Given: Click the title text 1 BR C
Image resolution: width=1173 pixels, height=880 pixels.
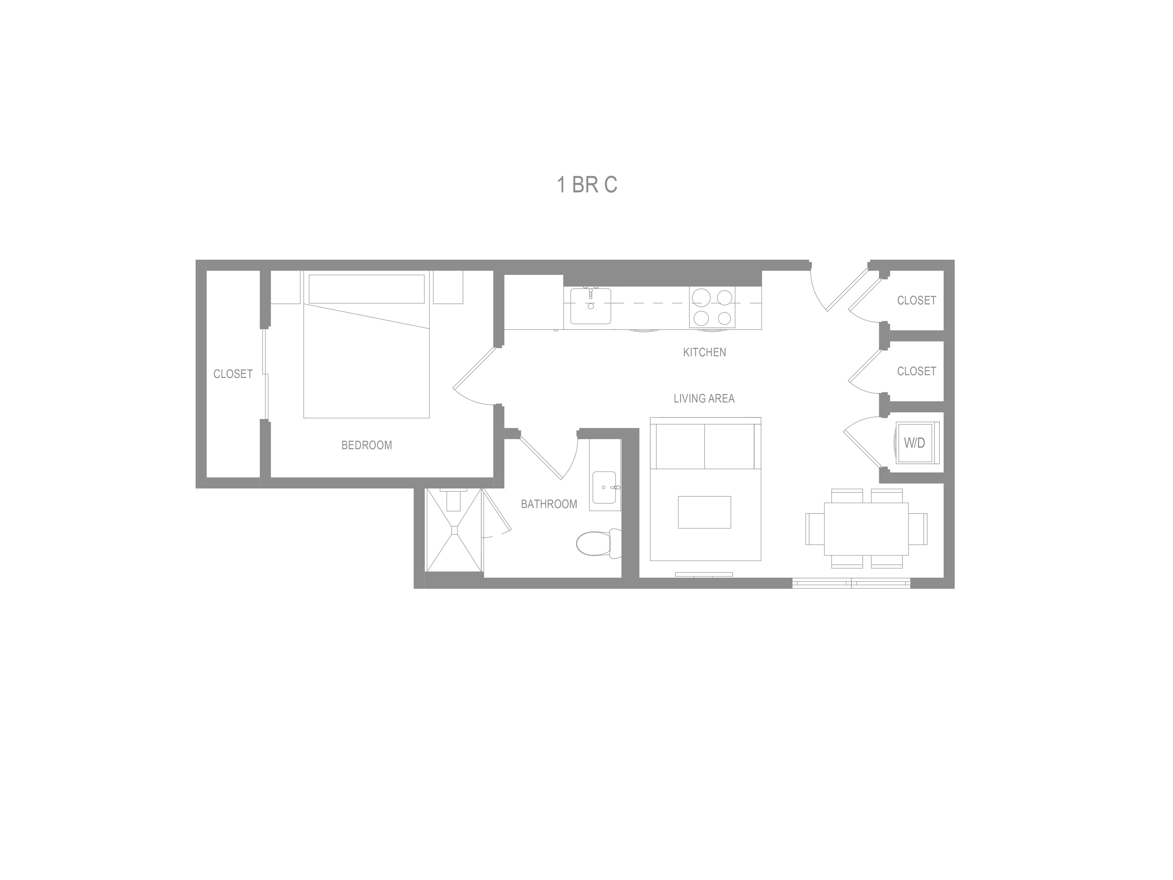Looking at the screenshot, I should pos(586,185).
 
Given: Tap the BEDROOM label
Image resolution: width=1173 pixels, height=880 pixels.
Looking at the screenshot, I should pos(366,445).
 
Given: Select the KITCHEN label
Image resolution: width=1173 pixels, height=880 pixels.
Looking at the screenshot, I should pos(704,352).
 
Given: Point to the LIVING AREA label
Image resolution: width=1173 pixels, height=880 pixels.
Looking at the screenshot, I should pos(704,399).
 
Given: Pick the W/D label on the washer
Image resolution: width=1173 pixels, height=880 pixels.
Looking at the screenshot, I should pos(914,443).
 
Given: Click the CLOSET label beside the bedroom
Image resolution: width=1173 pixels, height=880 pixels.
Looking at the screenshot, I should pos(233,374).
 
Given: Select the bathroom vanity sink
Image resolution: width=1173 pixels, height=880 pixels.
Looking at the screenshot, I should pos(604,487).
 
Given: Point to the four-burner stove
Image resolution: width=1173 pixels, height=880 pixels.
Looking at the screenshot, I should pos(712,307).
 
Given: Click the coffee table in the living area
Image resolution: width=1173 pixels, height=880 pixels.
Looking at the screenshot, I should pos(704,512).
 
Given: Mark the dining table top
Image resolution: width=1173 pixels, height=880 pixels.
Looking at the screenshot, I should pos(866,529).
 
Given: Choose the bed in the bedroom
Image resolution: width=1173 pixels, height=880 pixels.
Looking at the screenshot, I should pos(366,361).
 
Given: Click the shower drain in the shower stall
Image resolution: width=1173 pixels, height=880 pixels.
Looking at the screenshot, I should pos(454,529).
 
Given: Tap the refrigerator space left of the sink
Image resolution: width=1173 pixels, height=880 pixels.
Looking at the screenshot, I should pos(533,302).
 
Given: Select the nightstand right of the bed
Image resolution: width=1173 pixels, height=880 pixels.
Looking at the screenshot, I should pos(448,287).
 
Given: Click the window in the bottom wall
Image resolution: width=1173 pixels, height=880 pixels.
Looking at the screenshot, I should pos(851,584).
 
